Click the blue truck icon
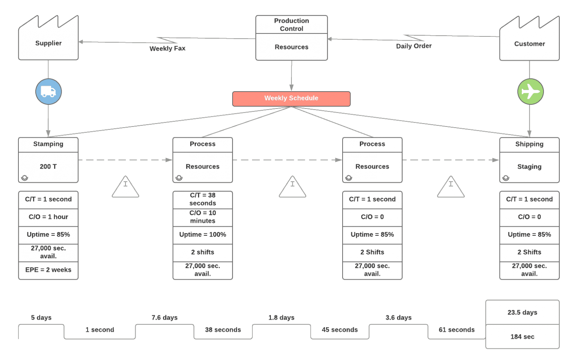(x=48, y=92)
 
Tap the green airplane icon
(x=530, y=92)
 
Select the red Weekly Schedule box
(x=291, y=98)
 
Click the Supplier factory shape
(x=48, y=41)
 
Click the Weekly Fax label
(x=167, y=48)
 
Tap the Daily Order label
(x=414, y=46)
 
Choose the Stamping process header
(x=48, y=144)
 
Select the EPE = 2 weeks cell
(x=48, y=270)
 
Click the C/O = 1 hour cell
(x=48, y=217)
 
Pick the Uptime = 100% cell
(x=202, y=235)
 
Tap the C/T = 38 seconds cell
(x=202, y=199)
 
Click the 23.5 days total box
(x=522, y=312)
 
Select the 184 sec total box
(x=522, y=337)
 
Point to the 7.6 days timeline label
(x=165, y=318)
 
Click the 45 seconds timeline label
(x=340, y=330)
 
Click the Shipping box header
(x=529, y=144)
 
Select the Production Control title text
(x=291, y=24)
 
